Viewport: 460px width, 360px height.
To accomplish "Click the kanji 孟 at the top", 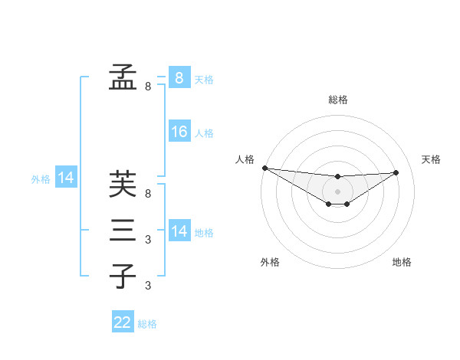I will (x=123, y=76).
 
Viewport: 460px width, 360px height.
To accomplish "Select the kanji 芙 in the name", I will (x=123, y=185).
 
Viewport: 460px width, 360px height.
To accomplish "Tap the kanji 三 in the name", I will (x=123, y=230).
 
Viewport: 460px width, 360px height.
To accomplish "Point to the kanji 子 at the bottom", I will (x=123, y=276).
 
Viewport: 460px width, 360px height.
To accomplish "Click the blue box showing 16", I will (x=179, y=132).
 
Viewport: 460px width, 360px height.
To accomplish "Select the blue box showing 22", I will (x=123, y=322).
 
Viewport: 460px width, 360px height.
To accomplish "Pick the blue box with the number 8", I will (x=179, y=77).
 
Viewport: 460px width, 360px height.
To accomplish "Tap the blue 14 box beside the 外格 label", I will (x=66, y=178).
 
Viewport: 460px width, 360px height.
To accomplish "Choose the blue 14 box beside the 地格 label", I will (x=179, y=231).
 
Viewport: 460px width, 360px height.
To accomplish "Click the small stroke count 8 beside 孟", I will (x=148, y=87).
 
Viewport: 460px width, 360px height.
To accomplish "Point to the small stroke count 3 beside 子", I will (x=148, y=286).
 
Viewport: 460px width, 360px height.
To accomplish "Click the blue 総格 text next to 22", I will (x=147, y=324).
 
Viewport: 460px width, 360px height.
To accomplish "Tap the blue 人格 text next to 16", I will (x=204, y=133).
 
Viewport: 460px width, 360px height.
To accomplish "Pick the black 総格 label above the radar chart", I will (x=337, y=100).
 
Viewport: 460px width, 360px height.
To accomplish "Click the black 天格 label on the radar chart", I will (x=431, y=159).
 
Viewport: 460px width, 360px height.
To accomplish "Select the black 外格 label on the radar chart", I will (x=270, y=262).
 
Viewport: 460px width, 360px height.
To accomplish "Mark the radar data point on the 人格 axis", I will (x=264, y=168).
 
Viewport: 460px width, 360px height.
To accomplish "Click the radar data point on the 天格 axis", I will (x=396, y=172).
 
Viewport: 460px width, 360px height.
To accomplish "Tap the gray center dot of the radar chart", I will (x=337, y=191).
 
